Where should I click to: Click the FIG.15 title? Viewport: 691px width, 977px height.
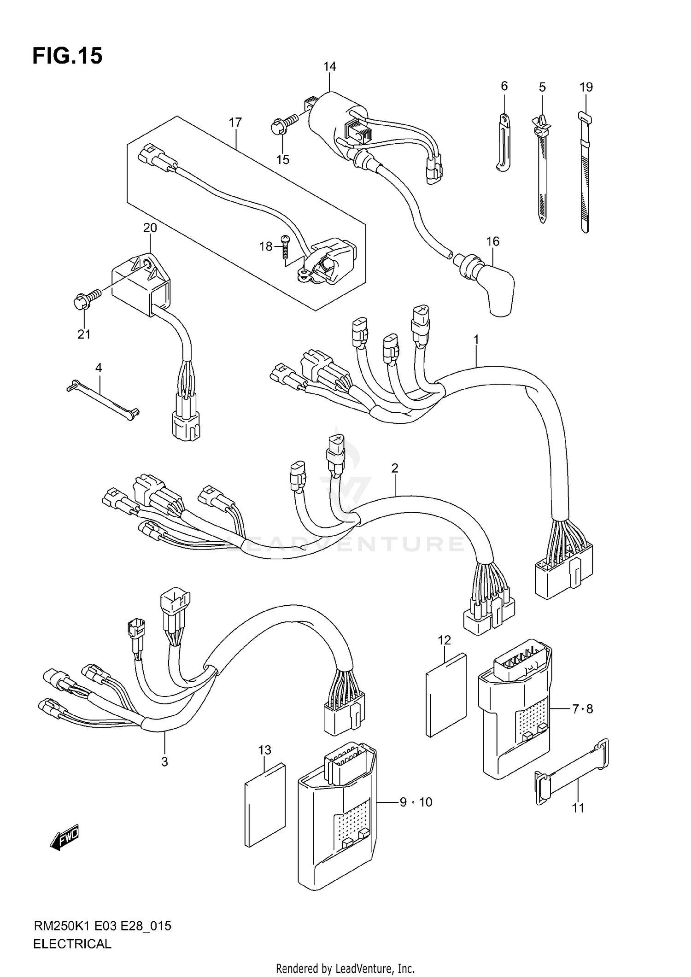click(x=67, y=56)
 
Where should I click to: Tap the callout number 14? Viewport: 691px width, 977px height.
click(x=329, y=67)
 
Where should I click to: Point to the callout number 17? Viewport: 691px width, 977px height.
click(x=235, y=123)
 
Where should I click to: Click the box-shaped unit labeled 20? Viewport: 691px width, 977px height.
click(x=141, y=285)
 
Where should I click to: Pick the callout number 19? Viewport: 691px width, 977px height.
click(x=586, y=87)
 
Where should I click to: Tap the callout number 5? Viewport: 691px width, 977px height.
click(x=542, y=87)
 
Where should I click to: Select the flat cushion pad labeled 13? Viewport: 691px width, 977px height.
click(x=264, y=805)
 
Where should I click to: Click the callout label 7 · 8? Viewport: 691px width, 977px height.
click(x=582, y=709)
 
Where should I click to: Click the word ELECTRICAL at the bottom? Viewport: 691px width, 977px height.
click(x=72, y=944)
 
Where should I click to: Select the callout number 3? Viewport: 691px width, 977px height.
click(x=164, y=762)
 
